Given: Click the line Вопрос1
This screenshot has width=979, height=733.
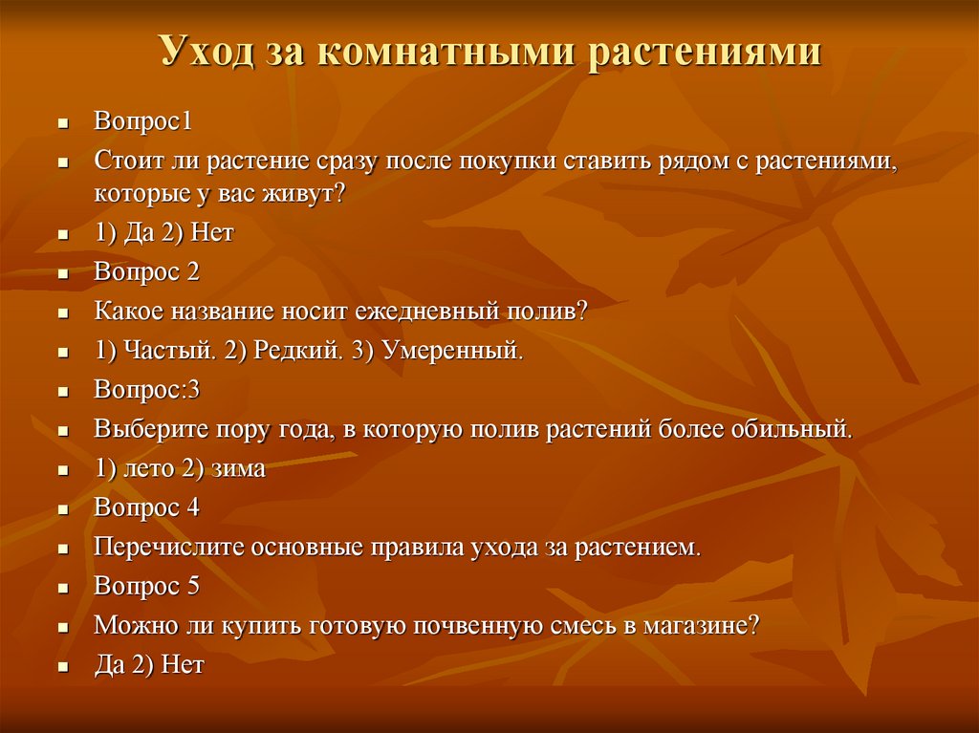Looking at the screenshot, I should tap(143, 122).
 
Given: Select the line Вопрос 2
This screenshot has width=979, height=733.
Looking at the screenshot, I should tap(146, 272).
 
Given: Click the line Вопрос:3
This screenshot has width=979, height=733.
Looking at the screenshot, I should tap(146, 390).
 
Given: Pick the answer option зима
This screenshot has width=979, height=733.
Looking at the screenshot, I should tap(239, 469).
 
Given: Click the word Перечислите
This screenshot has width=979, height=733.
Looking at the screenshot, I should tap(170, 548).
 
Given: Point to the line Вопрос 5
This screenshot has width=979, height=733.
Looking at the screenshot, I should tap(146, 586).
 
